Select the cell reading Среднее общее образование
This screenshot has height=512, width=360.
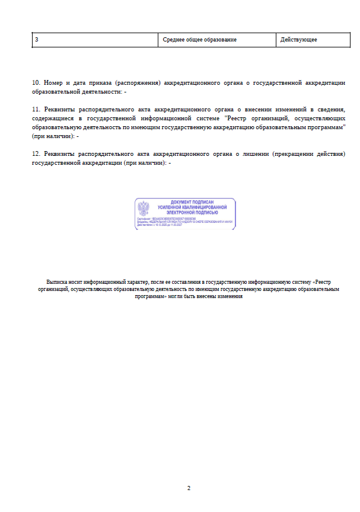(199, 39)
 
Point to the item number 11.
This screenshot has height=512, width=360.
(36, 110)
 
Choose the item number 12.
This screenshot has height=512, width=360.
(36, 153)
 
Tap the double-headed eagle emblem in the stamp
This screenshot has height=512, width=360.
(144, 209)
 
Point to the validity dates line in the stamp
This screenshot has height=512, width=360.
(167, 225)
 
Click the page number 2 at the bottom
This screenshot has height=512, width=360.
(189, 488)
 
